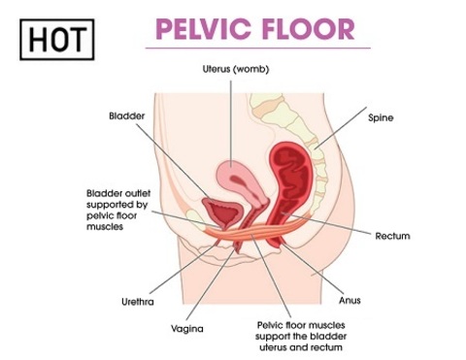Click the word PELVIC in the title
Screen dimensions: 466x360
pos(203,29)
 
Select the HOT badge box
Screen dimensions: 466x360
pos(57,40)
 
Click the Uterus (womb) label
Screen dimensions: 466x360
pos(236,69)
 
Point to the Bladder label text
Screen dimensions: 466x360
pos(127,115)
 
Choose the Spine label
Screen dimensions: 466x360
pos(381,117)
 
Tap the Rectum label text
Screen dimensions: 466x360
pos(392,236)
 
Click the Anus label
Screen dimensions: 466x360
pos(349,300)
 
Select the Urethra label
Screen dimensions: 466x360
pos(138,302)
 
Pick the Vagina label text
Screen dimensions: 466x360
pos(187,329)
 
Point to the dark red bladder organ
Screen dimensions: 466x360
pos(222,213)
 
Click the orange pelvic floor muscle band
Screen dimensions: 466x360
pos(255,231)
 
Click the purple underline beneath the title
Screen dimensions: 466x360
pos(258,49)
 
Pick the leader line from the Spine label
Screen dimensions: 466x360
pos(341,128)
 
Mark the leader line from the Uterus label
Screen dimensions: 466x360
pos(231,124)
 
